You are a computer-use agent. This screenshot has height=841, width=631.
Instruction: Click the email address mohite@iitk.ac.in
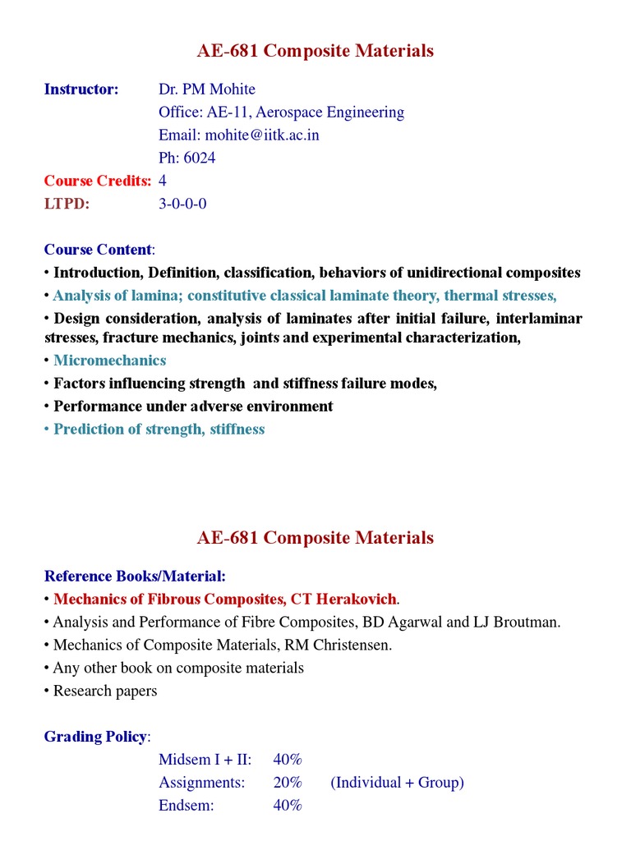[x=262, y=136]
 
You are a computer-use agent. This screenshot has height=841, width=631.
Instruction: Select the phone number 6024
[x=201, y=159]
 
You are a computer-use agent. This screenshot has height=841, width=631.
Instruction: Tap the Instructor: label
[x=81, y=90]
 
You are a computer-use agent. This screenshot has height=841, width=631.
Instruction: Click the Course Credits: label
[x=98, y=182]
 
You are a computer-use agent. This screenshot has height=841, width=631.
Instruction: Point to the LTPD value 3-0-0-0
[x=182, y=204]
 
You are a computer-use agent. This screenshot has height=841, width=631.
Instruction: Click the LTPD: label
[x=67, y=204]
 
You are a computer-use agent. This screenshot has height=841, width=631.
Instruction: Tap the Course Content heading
[x=98, y=250]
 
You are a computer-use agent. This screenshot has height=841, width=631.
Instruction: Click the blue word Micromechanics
[x=109, y=361]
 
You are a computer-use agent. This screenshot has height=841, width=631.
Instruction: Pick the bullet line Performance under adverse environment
[x=193, y=407]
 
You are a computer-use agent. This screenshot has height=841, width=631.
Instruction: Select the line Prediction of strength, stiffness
[x=159, y=430]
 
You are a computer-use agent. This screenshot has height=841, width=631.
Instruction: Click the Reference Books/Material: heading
[x=135, y=577]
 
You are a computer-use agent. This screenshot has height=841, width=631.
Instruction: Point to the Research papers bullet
[x=105, y=691]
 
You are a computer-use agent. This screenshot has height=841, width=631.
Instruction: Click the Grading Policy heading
[x=96, y=737]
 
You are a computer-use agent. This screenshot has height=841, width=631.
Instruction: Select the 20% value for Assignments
[x=288, y=783]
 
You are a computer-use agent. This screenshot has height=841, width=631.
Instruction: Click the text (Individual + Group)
[x=398, y=783]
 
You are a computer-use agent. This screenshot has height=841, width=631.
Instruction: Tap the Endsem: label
[x=187, y=806]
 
